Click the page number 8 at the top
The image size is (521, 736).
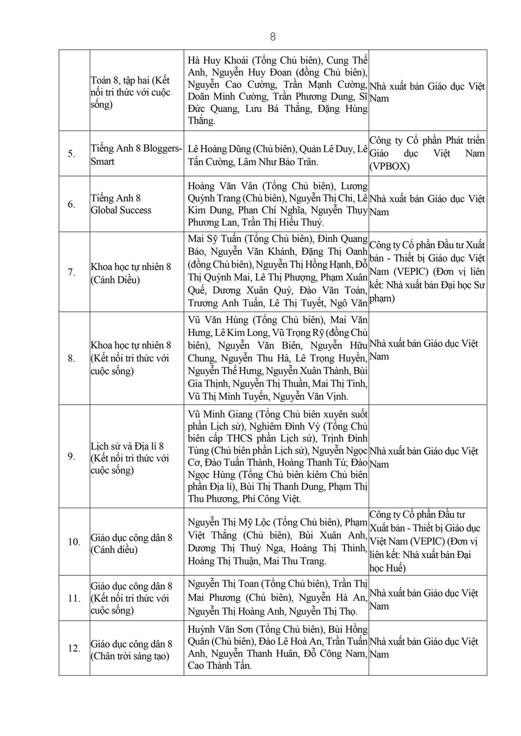coord(272,37)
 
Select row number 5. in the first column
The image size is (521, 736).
coord(71,154)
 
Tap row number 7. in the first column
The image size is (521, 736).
coord(71,272)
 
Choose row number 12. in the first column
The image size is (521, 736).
coord(74,648)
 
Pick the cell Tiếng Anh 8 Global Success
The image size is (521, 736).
coord(121,204)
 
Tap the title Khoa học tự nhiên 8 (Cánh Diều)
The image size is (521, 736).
coord(130,273)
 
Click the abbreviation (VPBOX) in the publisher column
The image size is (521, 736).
coord(390,166)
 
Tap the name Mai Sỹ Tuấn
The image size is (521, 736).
coord(213,239)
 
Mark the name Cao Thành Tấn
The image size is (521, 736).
coord(219,666)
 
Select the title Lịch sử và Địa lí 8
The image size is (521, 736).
coord(127,446)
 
